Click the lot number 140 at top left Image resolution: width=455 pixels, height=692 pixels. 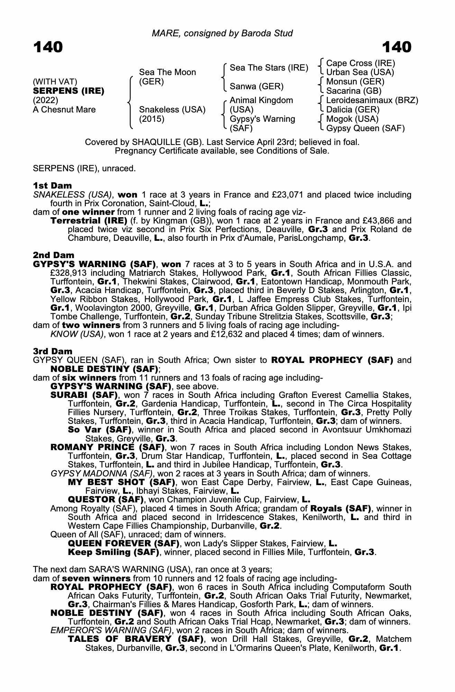click(48, 47)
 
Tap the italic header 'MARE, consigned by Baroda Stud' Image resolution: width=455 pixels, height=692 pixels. click(222, 33)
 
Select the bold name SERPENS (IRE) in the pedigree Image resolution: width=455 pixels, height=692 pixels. click(69, 91)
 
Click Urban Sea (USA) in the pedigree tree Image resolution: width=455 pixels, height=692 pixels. click(360, 72)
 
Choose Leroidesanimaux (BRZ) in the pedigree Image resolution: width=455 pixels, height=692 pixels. click(372, 100)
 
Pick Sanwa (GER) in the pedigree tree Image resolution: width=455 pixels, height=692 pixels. click(256, 86)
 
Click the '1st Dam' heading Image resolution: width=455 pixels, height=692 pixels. click(52, 185)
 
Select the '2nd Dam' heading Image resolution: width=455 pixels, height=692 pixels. click(54, 255)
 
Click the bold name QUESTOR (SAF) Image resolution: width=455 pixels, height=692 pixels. click(106, 500)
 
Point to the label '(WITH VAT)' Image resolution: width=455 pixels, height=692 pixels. click(55, 82)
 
